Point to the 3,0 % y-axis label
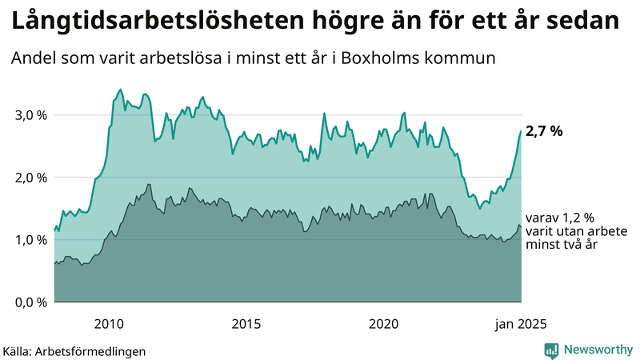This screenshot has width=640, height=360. (30, 115)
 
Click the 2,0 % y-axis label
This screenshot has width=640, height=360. (30, 178)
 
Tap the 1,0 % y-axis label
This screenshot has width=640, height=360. (30, 240)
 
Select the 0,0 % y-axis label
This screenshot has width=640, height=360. (30, 302)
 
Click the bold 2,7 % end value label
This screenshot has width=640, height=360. (544, 131)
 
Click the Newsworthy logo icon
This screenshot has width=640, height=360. (551, 350)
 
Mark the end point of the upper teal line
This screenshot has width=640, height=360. (521, 131)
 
